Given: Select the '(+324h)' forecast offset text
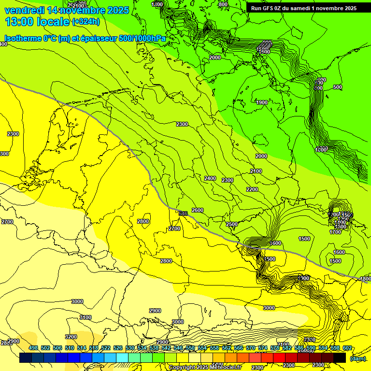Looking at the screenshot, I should click(86, 22).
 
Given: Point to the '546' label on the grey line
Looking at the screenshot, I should click(183, 214).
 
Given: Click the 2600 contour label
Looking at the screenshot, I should click(198, 210).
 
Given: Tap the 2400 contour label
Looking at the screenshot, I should click(210, 178).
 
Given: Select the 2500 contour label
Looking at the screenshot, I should click(232, 224).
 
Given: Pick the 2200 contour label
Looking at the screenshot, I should click(252, 189).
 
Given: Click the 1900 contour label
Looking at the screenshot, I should click(262, 102).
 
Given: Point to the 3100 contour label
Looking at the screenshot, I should click(85, 317).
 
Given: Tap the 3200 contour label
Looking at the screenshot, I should click(71, 337).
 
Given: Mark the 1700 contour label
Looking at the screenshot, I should click(335, 232).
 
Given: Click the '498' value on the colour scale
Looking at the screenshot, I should click(33, 348).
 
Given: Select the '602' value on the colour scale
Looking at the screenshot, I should click(347, 348).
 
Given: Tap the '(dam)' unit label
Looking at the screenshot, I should click(358, 358).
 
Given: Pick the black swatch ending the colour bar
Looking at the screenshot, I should click(340, 358).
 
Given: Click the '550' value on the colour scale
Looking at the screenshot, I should click(190, 348).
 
